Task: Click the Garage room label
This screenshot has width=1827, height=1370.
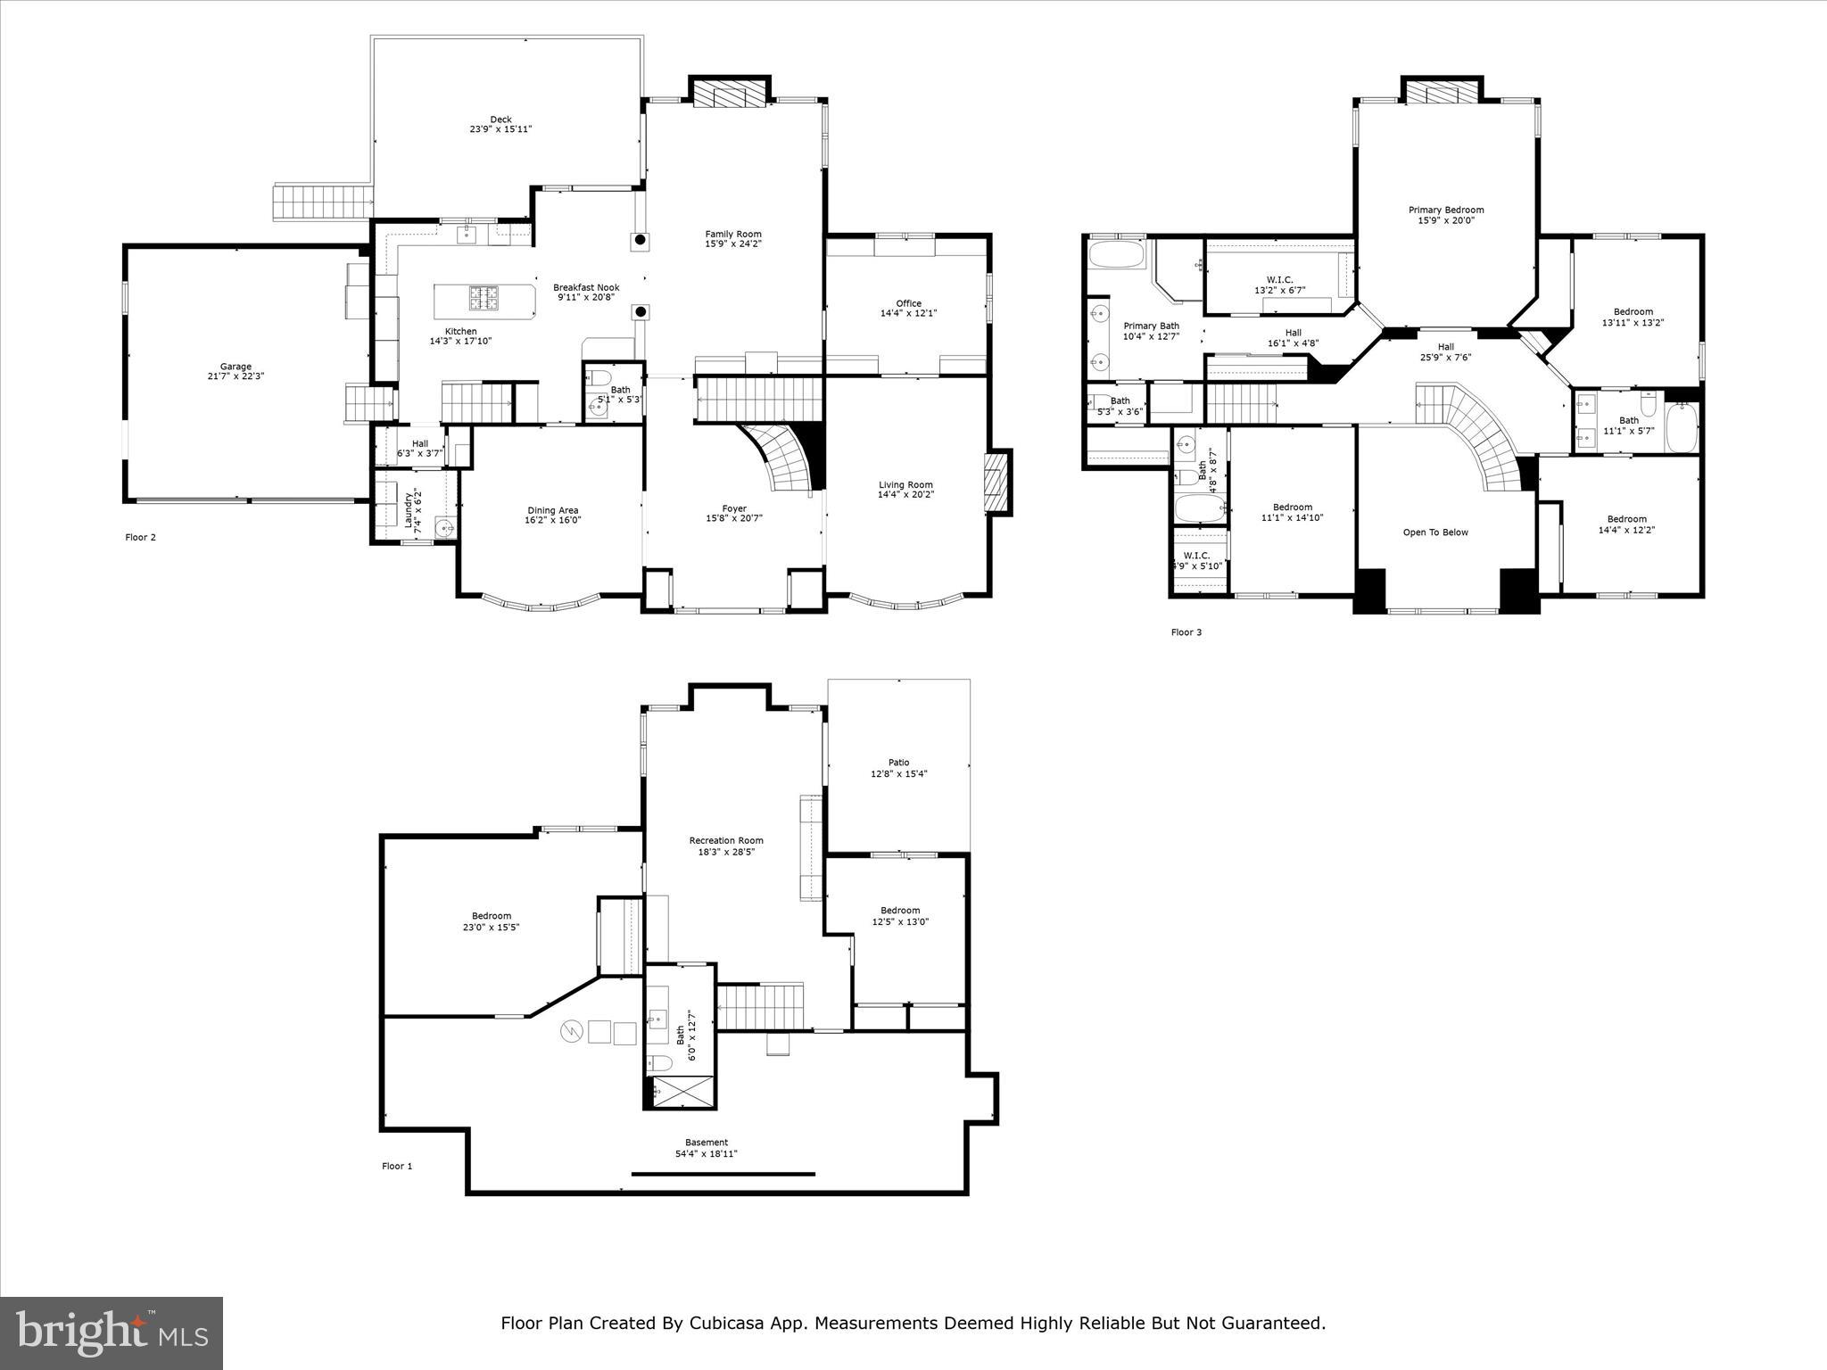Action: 236,367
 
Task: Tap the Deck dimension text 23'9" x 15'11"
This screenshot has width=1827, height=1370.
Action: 500,129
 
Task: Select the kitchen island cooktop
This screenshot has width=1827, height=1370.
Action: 485,297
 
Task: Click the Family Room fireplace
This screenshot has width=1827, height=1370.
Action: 730,95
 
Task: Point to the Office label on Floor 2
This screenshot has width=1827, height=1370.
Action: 908,303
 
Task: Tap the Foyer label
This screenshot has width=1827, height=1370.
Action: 733,508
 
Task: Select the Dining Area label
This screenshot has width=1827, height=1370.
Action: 552,510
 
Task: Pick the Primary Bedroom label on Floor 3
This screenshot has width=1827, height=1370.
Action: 1446,210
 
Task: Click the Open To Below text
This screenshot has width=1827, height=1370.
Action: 1435,532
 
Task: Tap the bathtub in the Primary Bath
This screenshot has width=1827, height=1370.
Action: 1116,255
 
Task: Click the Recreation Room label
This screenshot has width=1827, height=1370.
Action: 726,840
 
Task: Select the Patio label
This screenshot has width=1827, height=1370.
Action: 898,762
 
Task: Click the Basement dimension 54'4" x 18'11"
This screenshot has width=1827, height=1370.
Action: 706,1153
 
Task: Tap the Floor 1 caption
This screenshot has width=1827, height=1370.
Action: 397,1166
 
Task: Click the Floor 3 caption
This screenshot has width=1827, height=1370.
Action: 1186,632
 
